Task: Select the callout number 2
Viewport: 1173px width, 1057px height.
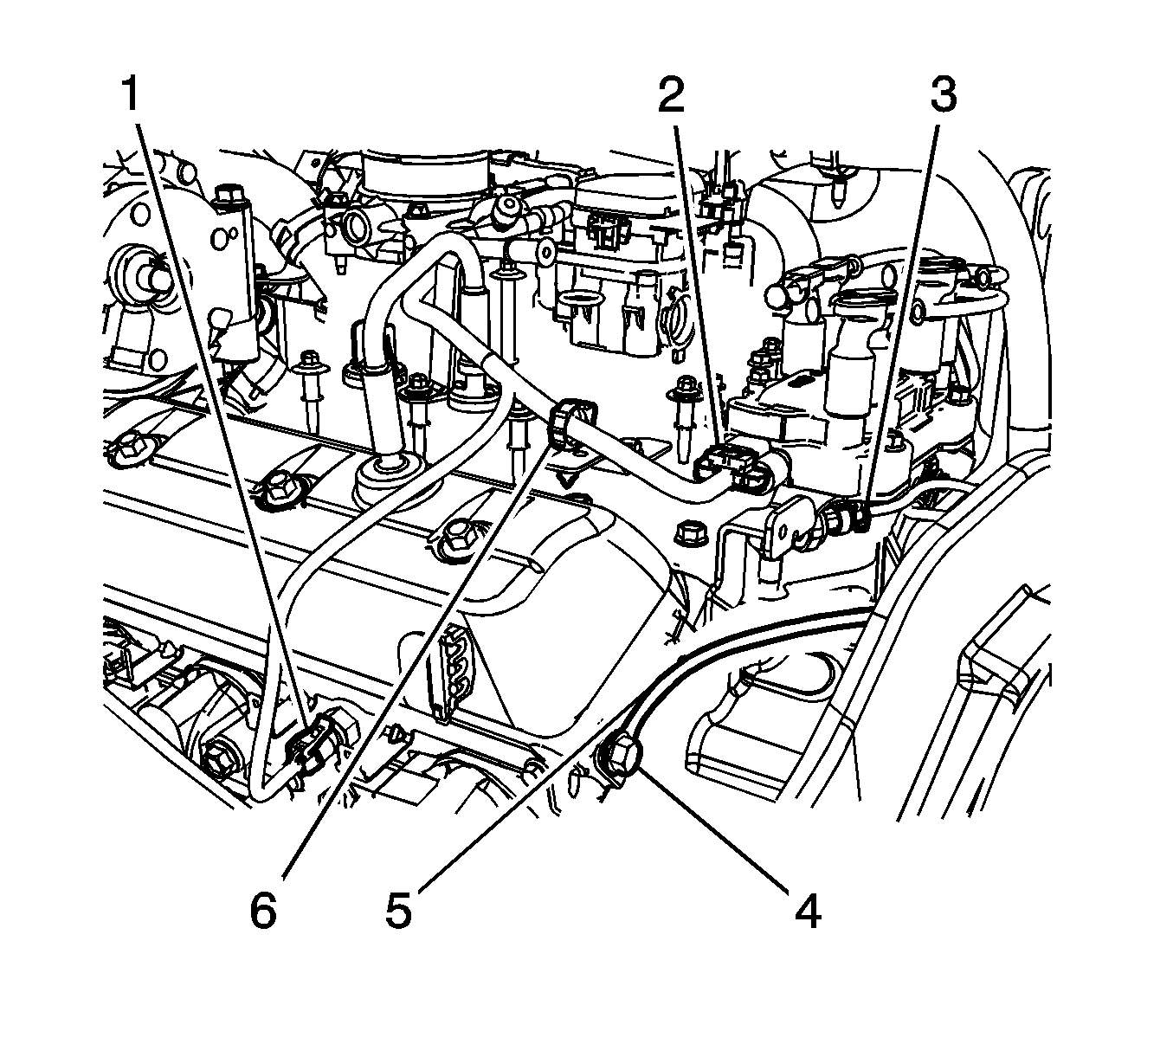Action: [x=670, y=95]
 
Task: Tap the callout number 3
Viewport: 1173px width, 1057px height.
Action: [x=943, y=95]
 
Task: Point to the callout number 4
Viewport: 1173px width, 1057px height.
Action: [x=807, y=911]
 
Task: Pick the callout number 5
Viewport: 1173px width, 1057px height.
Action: [x=398, y=911]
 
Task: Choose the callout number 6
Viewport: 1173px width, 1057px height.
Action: [x=263, y=911]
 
